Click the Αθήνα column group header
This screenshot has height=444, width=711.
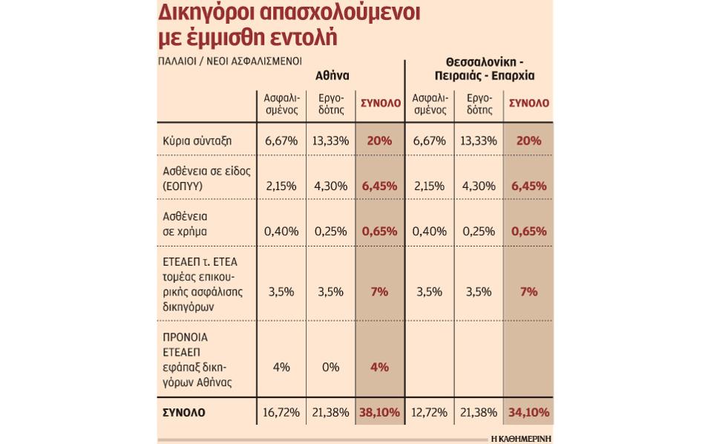click(332, 75)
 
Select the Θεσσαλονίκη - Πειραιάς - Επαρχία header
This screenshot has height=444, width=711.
click(484, 68)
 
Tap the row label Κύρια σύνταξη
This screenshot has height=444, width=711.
click(197, 141)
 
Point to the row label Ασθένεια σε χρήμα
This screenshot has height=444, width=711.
click(185, 223)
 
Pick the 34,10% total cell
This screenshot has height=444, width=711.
click(528, 412)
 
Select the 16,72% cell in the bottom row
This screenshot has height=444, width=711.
click(281, 412)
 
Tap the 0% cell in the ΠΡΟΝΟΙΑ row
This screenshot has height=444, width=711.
click(330, 367)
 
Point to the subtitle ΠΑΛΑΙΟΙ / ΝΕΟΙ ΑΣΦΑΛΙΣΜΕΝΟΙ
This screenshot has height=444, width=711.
click(230, 61)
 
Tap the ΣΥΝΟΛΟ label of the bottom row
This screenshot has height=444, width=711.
click(184, 412)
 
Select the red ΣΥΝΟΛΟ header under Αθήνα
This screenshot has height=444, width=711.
click(380, 103)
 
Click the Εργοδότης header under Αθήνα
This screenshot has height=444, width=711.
click(331, 103)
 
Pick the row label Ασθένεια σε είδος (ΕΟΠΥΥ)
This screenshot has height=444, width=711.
click(206, 178)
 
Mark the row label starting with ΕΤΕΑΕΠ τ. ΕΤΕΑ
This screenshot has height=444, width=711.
click(204, 284)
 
